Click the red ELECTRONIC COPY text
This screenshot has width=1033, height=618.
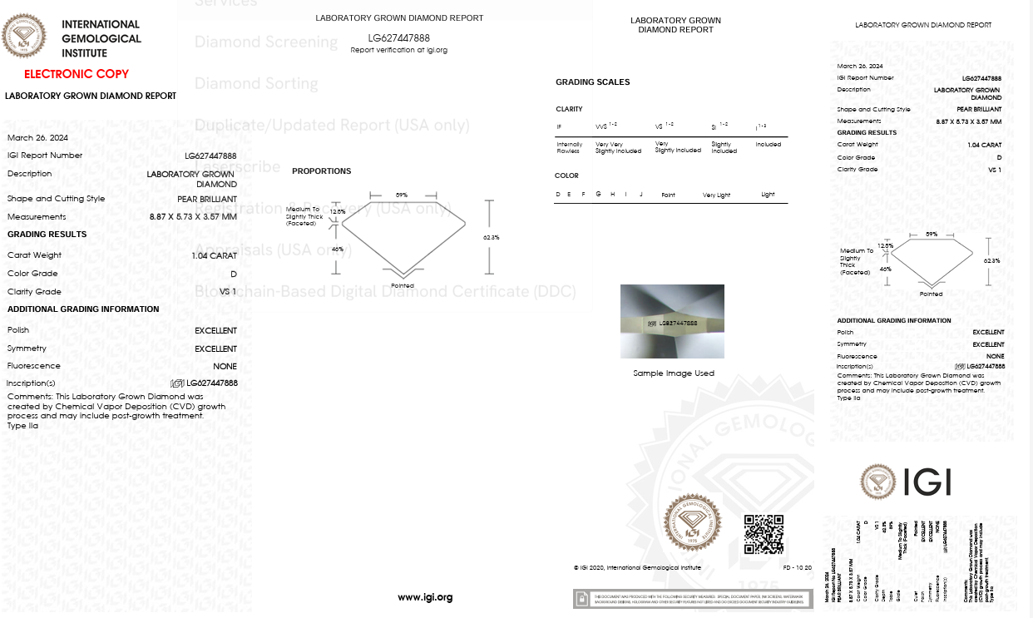[77, 74]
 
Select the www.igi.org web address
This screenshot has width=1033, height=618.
[425, 597]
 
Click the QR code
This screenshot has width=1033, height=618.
[764, 535]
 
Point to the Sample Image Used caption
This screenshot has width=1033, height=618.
[674, 373]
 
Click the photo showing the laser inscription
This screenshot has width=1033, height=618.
[672, 321]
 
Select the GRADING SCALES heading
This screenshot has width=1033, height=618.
[593, 82]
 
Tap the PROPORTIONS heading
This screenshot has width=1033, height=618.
[322, 171]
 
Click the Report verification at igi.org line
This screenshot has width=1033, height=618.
[399, 50]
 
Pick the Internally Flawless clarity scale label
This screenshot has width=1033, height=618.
[570, 147]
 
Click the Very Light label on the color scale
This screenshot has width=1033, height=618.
[716, 195]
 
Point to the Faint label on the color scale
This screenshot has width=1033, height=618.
[668, 195]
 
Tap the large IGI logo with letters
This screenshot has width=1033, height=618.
[905, 482]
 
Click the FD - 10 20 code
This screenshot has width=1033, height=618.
[798, 568]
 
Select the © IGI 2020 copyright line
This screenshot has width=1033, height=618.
[637, 568]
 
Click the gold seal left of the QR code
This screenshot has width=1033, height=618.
[692, 522]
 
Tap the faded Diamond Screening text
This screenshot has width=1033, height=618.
[266, 42]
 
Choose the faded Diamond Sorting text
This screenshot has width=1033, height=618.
[256, 83]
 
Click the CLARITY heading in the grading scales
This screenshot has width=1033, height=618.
[569, 109]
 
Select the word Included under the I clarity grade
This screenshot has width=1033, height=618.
[768, 145]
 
